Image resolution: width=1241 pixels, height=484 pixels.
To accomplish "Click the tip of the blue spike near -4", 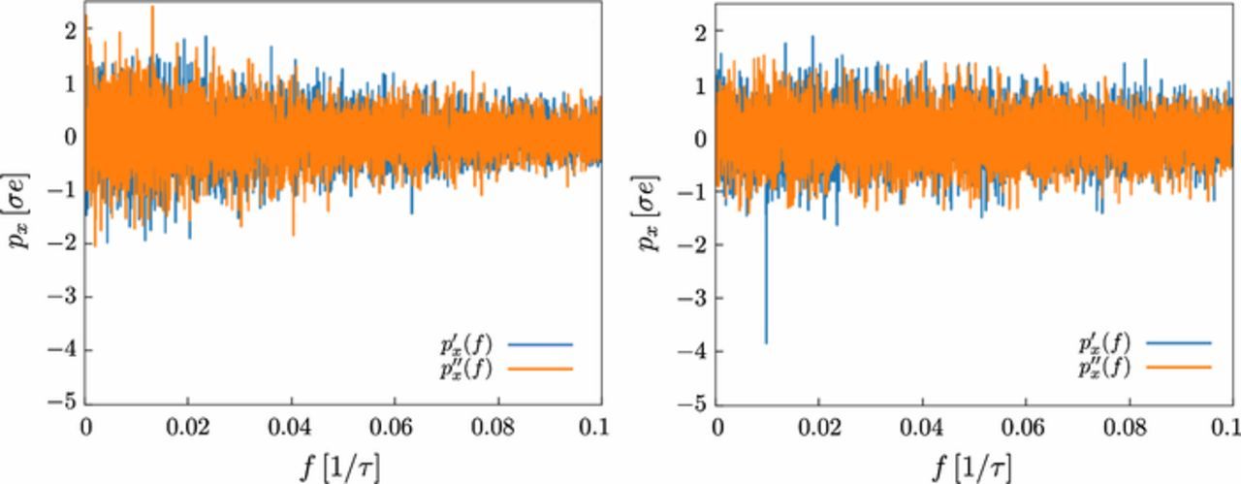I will [x=766, y=342].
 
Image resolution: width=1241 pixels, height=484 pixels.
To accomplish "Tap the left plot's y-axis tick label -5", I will [x=64, y=403].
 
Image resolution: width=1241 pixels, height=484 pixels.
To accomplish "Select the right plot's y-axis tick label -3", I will [x=695, y=298].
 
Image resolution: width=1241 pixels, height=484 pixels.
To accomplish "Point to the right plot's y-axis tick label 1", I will [x=701, y=84].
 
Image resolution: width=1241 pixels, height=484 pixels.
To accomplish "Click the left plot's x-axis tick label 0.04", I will [x=291, y=426].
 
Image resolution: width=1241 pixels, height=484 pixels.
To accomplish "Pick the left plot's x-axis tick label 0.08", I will [x=497, y=426].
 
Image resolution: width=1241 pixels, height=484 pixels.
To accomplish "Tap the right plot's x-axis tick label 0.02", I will [x=819, y=427].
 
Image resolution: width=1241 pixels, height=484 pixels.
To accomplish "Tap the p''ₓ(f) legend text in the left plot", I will [x=465, y=369].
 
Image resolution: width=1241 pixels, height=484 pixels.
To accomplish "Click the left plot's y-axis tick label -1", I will [x=64, y=190].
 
